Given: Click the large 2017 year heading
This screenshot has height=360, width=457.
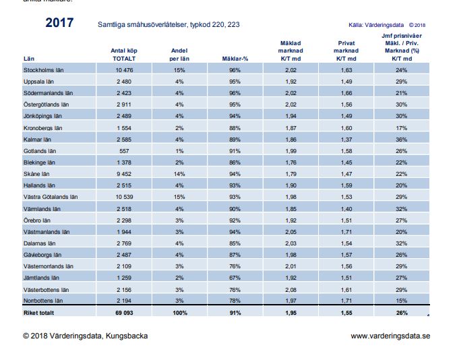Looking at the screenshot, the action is pos(59,22).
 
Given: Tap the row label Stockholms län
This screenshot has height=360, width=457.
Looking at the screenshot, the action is pos(43,70).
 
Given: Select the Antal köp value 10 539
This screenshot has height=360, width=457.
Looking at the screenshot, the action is pos(124,197).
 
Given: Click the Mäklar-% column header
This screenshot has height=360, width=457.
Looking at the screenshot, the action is pos(235,59).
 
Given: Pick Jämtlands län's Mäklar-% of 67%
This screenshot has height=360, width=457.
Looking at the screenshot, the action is pos(235,278).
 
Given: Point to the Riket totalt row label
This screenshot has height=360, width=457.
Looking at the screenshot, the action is pos(39,313).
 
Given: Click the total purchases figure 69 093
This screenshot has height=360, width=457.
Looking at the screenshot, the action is pos(124,313).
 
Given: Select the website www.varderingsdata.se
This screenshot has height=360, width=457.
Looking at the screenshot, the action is pos(390,336).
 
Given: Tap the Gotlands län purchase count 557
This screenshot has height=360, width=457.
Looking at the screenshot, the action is pos(124,151).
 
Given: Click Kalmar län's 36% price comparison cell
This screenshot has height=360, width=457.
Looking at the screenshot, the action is pos(401,140).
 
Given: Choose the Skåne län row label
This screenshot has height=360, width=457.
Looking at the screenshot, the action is pos(36,174).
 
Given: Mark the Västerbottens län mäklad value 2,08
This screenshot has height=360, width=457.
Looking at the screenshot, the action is pos(291,290).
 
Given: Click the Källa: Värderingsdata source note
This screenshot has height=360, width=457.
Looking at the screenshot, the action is pos(376,25).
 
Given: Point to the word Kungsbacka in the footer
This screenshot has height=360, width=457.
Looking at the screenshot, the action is pos(127,336).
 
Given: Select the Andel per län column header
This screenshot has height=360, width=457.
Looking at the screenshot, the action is pos(179,55).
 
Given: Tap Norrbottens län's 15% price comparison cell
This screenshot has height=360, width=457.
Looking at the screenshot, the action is pos(401,301).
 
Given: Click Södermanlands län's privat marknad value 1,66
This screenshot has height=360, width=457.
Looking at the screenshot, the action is pos(346,93).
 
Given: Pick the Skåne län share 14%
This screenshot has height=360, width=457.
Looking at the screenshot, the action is pos(179,174).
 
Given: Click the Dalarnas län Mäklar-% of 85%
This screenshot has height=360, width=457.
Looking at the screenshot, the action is pos(235,243).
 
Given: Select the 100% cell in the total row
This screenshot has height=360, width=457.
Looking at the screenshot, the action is pos(180,313).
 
